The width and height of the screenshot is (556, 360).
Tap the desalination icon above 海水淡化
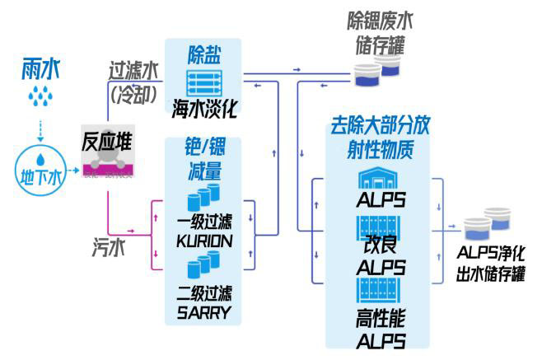(203, 84)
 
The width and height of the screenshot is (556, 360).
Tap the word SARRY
(203, 311)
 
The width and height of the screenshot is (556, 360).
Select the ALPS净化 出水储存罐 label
(491, 264)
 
